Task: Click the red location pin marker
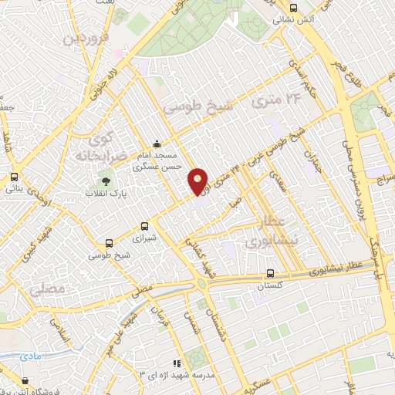tap(198, 182)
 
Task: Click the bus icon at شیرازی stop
tap(145, 226)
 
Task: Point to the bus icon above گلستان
tap(269, 273)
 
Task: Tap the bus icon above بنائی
tap(14, 177)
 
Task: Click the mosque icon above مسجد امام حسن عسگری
tap(157, 143)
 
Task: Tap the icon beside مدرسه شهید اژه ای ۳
tap(177, 363)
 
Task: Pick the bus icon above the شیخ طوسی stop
tap(109, 241)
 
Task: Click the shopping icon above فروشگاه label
tap(26, 380)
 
